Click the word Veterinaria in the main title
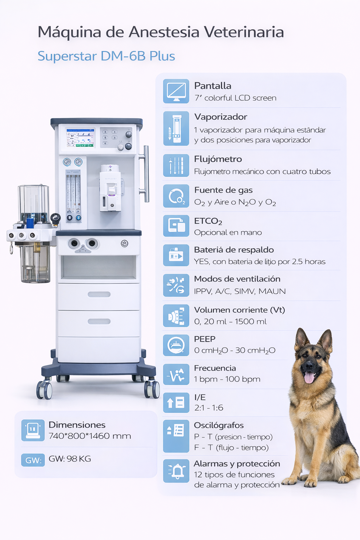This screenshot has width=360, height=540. (244, 32)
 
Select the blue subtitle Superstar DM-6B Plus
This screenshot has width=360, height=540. (106, 56)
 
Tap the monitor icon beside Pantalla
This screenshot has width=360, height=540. (176, 91)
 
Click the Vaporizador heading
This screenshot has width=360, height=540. (221, 117)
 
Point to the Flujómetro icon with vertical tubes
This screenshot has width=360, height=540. (176, 165)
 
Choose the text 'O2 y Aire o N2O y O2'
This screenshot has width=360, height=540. (235, 202)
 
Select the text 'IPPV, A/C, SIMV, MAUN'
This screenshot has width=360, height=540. (240, 291)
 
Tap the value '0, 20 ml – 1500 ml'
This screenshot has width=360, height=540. (231, 321)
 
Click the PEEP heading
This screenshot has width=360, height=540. (205, 339)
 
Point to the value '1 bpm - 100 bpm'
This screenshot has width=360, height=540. (227, 379)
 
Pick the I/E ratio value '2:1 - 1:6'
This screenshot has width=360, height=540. (209, 408)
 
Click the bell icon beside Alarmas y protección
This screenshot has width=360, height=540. (176, 471)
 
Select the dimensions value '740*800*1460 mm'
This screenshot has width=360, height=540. (90, 436)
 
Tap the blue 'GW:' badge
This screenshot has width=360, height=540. (33, 460)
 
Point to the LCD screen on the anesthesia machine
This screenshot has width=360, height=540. (81, 138)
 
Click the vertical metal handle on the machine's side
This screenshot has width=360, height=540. (146, 174)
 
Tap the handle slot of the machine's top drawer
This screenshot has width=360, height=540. (99, 294)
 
